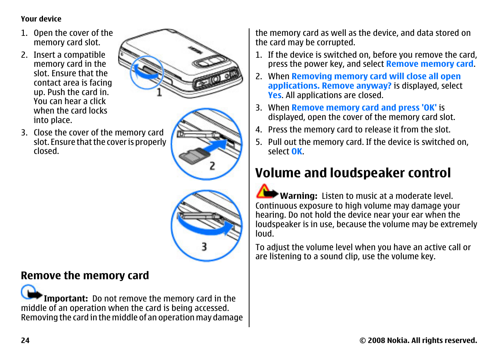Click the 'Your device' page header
pyautogui.click(x=41, y=19)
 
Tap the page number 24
pyautogui.click(x=25, y=340)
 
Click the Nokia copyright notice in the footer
pyautogui.click(x=418, y=340)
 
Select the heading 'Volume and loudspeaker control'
pyautogui.click(x=353, y=173)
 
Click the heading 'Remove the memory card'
pyautogui.click(x=85, y=275)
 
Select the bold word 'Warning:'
pyautogui.click(x=299, y=196)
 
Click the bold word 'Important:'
pyautogui.click(x=66, y=298)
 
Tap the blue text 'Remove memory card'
pyautogui.click(x=430, y=64)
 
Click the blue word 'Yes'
pyautogui.click(x=275, y=95)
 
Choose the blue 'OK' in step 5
pyautogui.click(x=297, y=152)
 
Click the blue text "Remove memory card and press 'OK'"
pyautogui.click(x=364, y=108)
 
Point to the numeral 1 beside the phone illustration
pyautogui.click(x=159, y=92)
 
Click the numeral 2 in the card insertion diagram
pyautogui.click(x=212, y=166)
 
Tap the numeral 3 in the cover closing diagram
pyautogui.click(x=204, y=247)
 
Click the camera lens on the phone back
pyautogui.click(x=215, y=80)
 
